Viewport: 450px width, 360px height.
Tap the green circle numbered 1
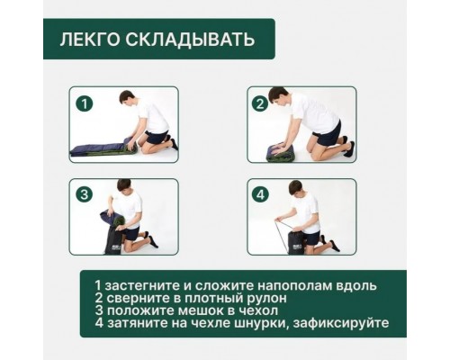(85, 104)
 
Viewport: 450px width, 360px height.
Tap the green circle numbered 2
(260, 104)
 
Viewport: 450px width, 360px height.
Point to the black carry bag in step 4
(292, 238)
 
